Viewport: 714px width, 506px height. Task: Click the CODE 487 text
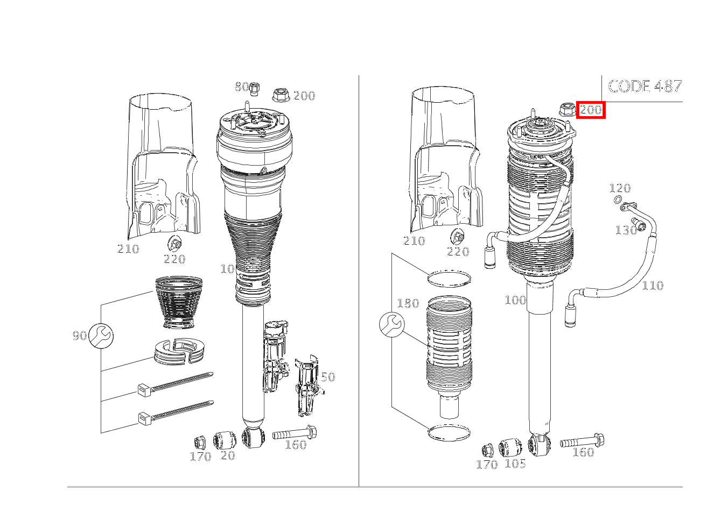click(645, 86)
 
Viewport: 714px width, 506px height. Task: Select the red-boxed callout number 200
click(591, 110)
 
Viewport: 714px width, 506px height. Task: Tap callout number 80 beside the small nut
click(242, 86)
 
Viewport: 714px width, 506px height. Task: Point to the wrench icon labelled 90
click(101, 336)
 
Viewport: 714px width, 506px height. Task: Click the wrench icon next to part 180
click(392, 325)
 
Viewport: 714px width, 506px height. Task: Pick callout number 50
click(328, 377)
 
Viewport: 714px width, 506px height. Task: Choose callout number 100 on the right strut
click(515, 300)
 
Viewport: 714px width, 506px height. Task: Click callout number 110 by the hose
click(653, 285)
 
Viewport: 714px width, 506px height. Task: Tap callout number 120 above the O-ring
click(620, 188)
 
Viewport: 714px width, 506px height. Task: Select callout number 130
click(625, 230)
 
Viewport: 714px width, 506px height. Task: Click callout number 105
click(515, 464)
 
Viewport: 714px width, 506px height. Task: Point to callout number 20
click(228, 455)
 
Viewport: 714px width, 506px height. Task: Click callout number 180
click(408, 303)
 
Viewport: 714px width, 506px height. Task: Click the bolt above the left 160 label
click(295, 433)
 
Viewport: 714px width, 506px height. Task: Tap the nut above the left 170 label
click(200, 442)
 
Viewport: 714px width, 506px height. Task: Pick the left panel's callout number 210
click(128, 248)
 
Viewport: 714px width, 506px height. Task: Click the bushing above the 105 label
click(510, 448)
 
